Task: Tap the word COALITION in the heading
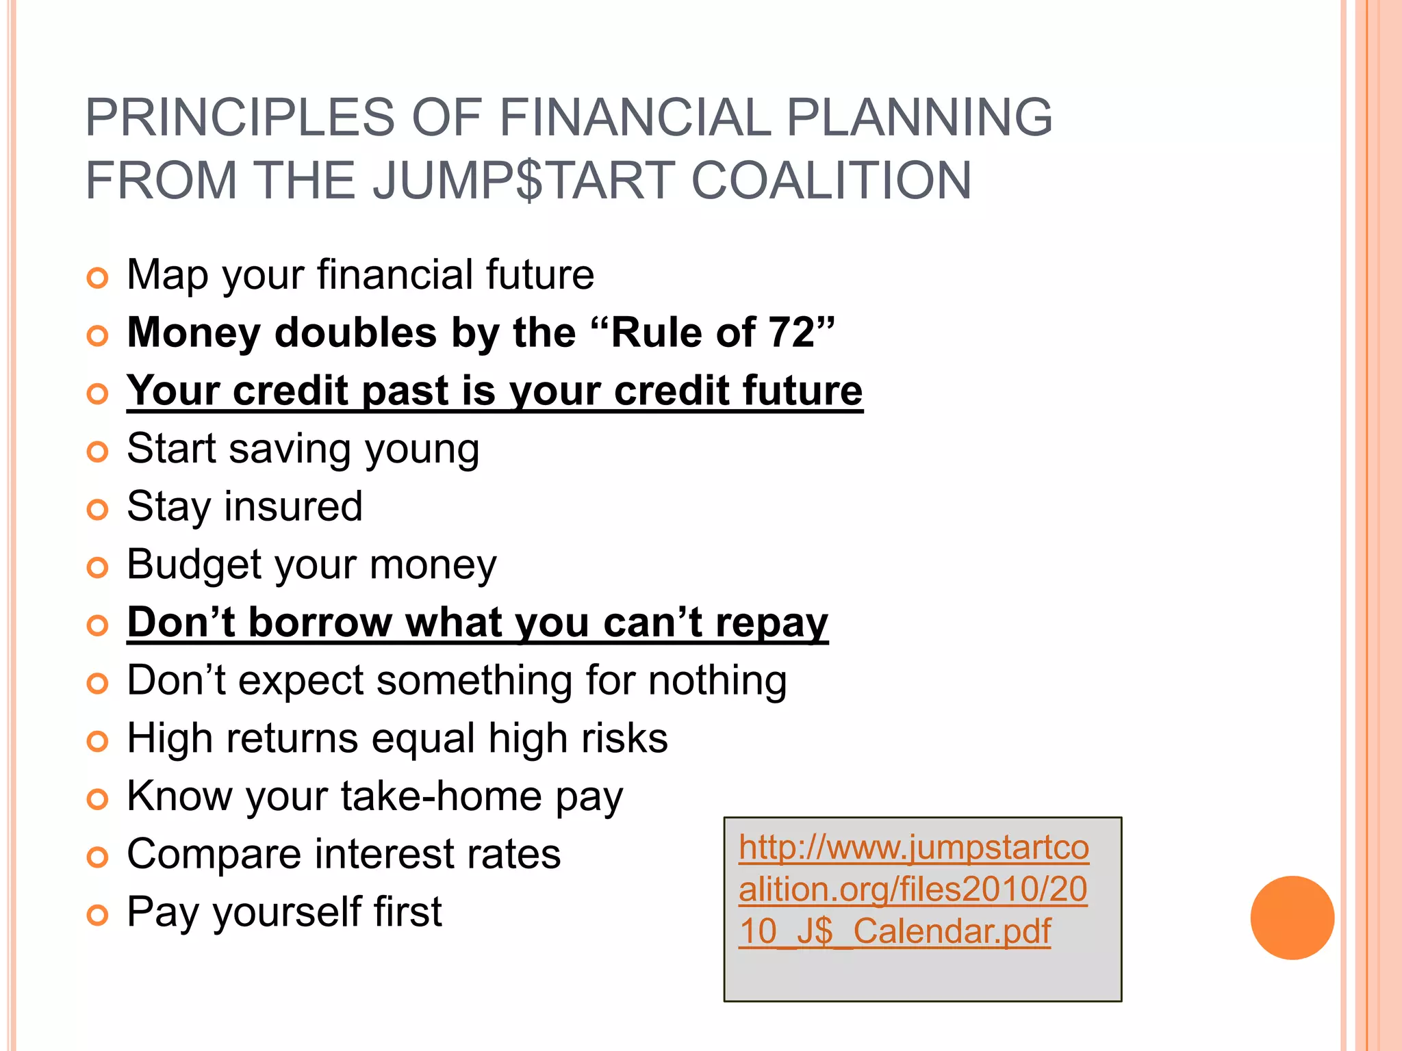831,180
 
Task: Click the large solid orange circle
1292,918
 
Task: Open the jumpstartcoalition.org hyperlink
913,889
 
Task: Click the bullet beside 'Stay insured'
98,509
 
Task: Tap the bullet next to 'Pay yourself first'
98,915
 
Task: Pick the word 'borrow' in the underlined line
320,623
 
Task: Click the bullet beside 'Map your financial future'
98,278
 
